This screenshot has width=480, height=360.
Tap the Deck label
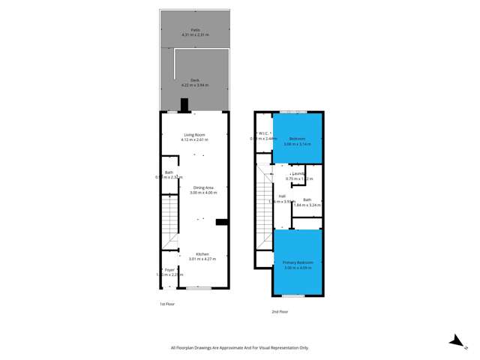[x=193, y=79]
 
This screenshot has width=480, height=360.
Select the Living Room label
[x=193, y=135]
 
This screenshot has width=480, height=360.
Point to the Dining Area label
[x=205, y=187]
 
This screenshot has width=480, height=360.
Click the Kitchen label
[x=202, y=254]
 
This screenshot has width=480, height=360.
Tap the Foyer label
[x=169, y=269]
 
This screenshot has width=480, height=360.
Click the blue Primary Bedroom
[x=298, y=262]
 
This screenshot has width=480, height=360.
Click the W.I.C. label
[x=263, y=133]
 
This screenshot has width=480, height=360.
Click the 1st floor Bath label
[x=169, y=172]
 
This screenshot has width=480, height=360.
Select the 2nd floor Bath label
[x=307, y=199]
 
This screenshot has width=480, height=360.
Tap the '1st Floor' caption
[x=167, y=304]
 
